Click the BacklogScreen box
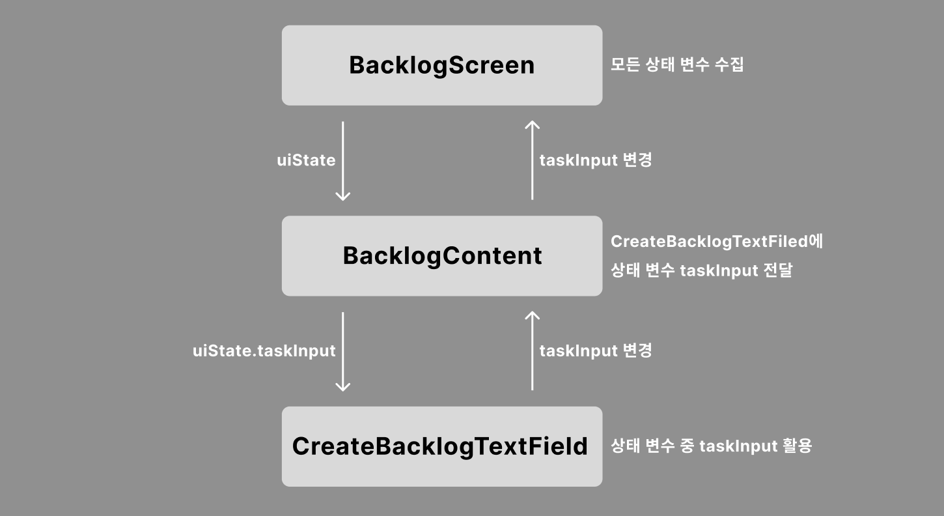[x=441, y=65]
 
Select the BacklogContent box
[x=441, y=256]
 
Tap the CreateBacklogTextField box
[x=441, y=446]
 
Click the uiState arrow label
[x=306, y=160]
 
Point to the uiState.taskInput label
[x=264, y=351]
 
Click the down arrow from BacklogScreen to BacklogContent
[x=342, y=160]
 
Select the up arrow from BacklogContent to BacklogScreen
[x=533, y=160]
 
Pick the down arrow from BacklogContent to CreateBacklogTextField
[x=342, y=351]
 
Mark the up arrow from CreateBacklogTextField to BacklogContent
[x=533, y=351]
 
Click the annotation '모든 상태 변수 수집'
[x=677, y=65]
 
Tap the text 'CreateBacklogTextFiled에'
[x=717, y=242]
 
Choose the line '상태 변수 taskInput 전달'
[x=701, y=270]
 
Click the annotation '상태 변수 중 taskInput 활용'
[x=711, y=446]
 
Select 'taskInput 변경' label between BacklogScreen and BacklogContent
[x=596, y=160]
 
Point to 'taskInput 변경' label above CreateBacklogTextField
[x=596, y=351]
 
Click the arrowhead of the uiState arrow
[x=342, y=196]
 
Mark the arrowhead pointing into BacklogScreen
[x=533, y=124]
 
